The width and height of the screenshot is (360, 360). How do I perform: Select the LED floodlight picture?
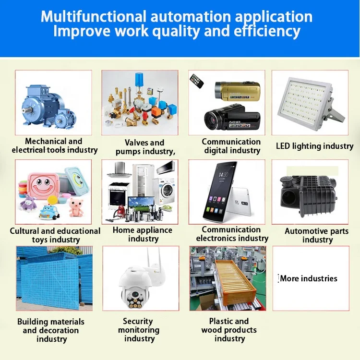tap(309, 103)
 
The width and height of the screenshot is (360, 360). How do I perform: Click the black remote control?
tap(197, 81)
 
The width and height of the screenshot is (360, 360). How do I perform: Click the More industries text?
tap(309, 278)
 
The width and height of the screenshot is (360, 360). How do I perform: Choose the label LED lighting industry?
tap(314, 146)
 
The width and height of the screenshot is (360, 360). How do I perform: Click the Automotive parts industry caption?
tap(317, 235)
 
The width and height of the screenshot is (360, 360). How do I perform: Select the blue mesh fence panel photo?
tap(53, 278)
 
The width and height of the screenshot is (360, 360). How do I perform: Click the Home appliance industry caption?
tap(143, 234)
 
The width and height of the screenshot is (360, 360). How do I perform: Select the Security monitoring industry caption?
tap(139, 330)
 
